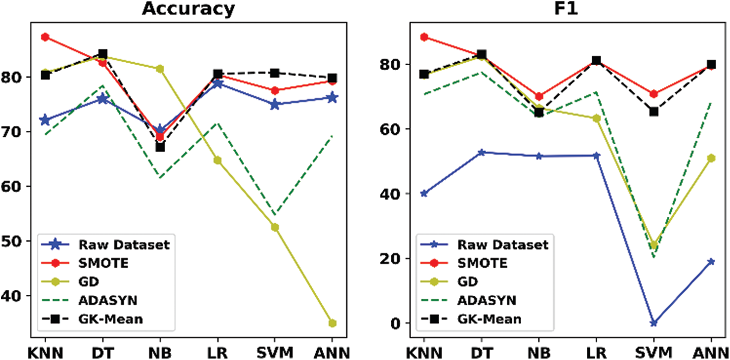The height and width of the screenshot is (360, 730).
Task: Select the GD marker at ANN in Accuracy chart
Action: click(332, 323)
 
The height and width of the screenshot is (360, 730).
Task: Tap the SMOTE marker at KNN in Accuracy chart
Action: click(45, 37)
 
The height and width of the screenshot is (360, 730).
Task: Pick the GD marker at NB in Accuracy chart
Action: click(160, 69)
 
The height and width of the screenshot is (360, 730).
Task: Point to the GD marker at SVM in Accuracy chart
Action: click(275, 227)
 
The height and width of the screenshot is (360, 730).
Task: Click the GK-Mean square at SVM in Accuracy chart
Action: click(275, 73)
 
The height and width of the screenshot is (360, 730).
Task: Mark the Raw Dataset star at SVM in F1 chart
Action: click(654, 323)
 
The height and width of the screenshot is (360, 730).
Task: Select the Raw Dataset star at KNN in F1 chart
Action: click(424, 193)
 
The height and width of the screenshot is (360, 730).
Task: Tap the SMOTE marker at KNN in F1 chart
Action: click(424, 37)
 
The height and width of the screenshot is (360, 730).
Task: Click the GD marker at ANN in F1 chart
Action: click(711, 158)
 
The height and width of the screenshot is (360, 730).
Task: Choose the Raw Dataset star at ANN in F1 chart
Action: click(711, 261)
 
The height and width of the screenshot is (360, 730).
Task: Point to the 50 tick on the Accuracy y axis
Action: click(19, 241)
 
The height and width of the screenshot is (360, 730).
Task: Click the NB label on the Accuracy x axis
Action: click(160, 353)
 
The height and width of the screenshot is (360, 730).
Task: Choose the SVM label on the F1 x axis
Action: click(654, 353)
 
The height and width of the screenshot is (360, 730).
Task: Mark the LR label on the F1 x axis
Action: click(596, 353)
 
